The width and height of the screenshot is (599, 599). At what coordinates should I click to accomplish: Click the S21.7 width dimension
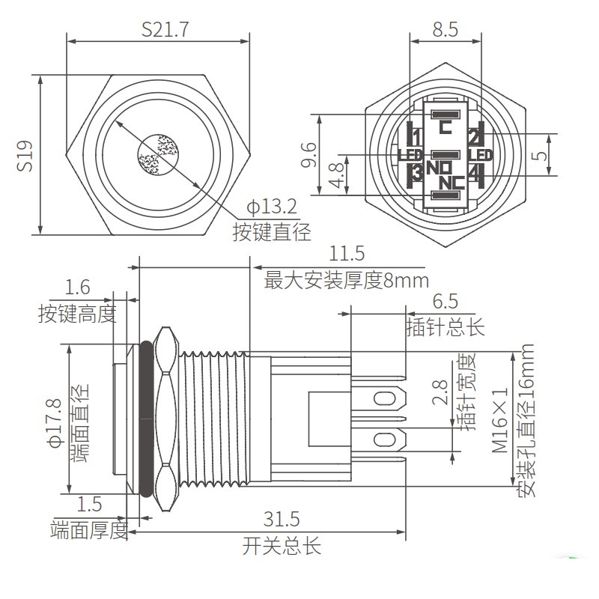(x=165, y=30)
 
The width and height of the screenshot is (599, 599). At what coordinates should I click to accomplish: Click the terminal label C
(x=446, y=127)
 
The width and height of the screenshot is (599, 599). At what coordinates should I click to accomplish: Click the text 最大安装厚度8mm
(x=347, y=281)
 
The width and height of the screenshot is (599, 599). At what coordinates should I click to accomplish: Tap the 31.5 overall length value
(x=282, y=519)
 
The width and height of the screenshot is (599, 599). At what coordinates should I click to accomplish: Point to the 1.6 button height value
(x=77, y=287)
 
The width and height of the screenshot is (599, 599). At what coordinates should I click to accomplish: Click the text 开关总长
(x=282, y=546)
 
